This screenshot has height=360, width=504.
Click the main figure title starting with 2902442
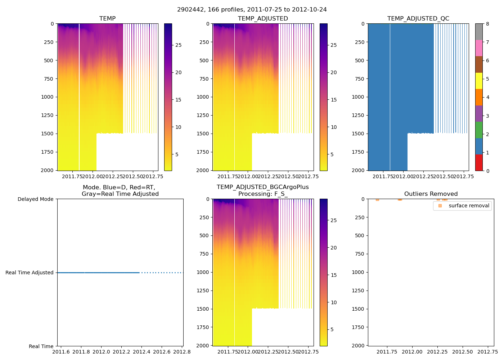(252, 10)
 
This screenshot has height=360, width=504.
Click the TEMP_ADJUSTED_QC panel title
(418, 19)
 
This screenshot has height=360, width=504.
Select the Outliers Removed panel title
(431, 194)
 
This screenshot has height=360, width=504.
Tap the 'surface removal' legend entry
(469, 206)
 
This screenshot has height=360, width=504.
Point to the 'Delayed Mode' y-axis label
(35, 199)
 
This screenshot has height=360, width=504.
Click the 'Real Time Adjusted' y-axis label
(30, 273)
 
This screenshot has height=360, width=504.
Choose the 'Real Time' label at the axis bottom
(41, 346)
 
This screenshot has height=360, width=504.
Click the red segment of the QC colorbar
(479, 162)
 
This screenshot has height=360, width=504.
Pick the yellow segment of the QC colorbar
(479, 81)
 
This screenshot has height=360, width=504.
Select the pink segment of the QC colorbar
(479, 48)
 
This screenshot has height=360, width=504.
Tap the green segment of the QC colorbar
(479, 130)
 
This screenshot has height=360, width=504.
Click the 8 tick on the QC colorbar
(487, 24)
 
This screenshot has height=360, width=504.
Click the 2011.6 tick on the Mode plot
(61, 352)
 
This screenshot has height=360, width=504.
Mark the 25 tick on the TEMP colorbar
(179, 45)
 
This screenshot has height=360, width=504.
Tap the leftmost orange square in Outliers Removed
(377, 199)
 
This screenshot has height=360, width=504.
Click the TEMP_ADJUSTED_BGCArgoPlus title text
(262, 187)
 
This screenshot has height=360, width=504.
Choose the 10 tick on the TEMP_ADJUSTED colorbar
(334, 127)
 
